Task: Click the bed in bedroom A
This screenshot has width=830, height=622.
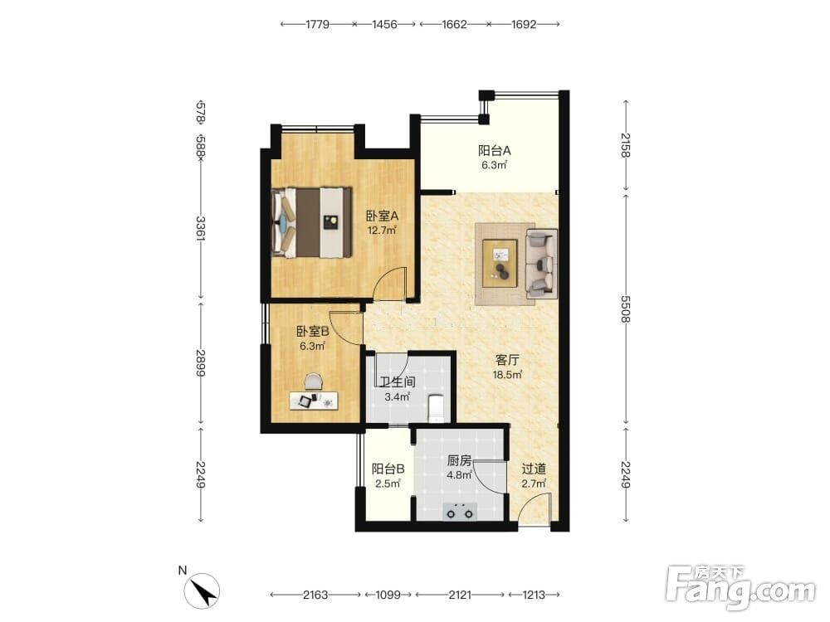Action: pos(312,222)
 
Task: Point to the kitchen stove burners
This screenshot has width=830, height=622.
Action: pos(460,511)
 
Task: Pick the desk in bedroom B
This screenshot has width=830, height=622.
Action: pos(314,401)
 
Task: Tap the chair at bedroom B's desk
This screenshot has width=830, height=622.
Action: pos(314,381)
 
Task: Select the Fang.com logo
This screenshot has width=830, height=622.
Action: pos(740,587)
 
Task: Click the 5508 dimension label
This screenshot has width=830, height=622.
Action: pos(626,309)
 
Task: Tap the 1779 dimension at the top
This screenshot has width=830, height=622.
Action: pos(317,24)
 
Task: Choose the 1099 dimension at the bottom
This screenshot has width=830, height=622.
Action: pos(388,595)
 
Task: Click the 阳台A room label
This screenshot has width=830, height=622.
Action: pos(495,151)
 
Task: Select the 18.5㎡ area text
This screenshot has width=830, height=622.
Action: pos(508,375)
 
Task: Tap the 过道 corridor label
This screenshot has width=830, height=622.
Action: pos(534,469)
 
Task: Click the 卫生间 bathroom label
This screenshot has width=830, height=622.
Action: pos(398,381)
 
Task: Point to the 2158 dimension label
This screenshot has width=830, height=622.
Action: pos(626,145)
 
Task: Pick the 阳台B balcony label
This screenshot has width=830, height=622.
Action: pos(388,469)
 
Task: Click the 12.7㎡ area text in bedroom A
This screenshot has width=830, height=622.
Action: pos(382,230)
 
